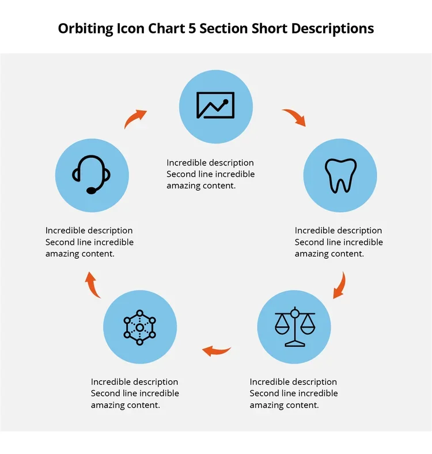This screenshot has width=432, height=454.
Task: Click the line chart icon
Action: tap(215, 105)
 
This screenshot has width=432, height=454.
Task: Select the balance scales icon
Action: tap(295, 327)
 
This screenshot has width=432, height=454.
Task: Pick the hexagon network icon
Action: tap(140, 327)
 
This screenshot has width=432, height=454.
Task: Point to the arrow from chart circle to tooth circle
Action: tap(294, 117)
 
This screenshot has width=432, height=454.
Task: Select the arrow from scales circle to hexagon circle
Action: tap(216, 350)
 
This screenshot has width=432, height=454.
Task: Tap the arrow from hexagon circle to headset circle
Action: tap(93, 285)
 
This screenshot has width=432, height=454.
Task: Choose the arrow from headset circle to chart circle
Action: tap(136, 118)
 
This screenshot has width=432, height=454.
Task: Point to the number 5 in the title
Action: tap(192, 28)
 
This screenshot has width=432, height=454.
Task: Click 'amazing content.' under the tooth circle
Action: tap(329, 254)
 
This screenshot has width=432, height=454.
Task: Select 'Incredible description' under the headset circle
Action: tap(89, 230)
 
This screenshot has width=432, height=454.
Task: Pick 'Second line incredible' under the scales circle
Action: tap(293, 394)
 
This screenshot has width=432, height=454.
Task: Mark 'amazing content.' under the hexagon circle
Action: tap(125, 405)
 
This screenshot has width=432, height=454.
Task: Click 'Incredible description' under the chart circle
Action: tap(210, 162)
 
